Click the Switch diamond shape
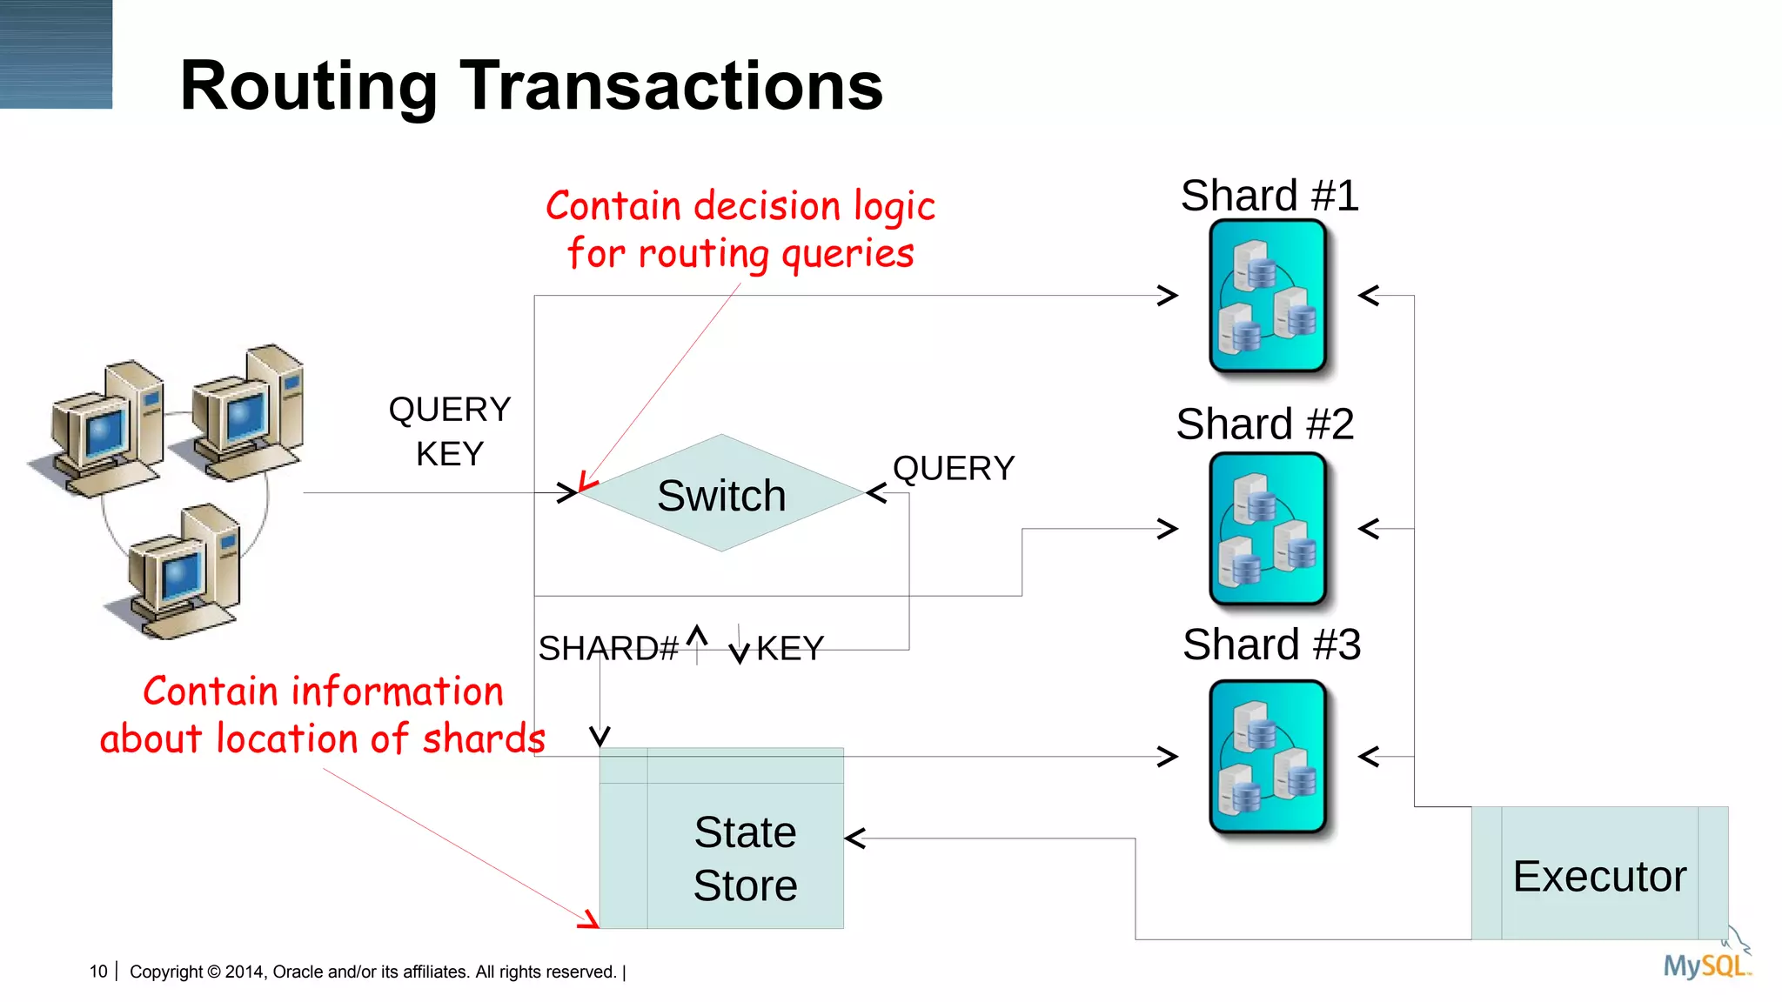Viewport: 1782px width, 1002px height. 720,493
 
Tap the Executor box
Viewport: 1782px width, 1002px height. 1599,873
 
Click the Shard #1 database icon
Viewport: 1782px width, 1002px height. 1268,296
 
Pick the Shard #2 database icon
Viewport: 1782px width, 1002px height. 1268,528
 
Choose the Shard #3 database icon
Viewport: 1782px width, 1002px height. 1268,756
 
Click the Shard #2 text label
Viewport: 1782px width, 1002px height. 1264,424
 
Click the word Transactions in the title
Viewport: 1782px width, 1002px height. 671,86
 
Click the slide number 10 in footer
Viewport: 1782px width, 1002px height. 98,972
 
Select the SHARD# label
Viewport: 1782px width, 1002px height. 607,648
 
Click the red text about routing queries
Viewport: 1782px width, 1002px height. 740,230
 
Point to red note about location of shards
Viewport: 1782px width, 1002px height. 323,715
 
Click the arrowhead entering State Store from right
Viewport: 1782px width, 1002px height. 856,838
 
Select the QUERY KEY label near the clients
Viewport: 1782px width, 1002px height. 450,431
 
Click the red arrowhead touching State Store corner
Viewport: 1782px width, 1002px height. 590,920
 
